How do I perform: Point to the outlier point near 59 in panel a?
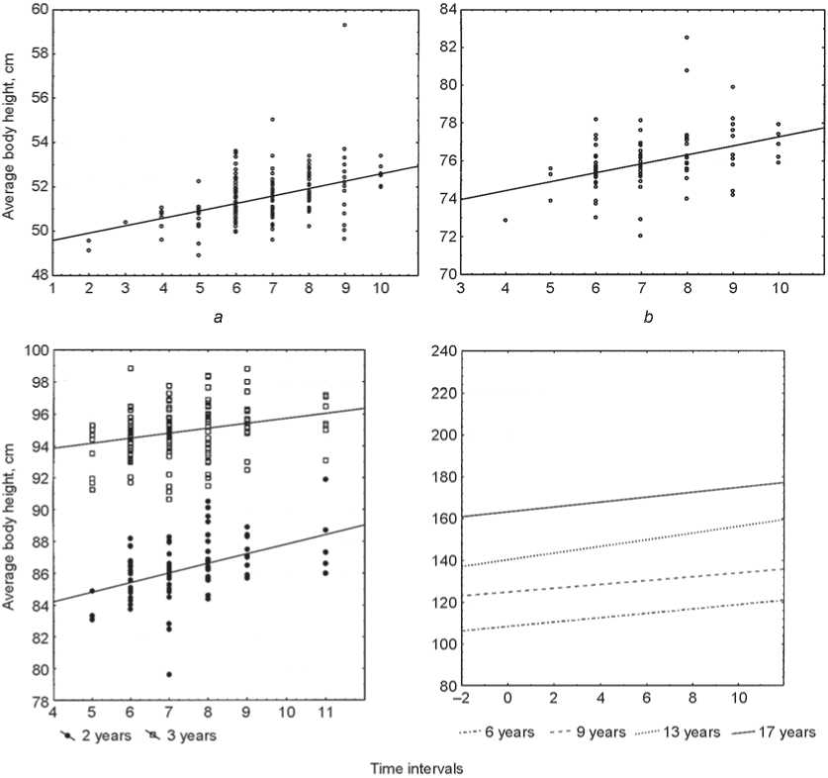(344, 25)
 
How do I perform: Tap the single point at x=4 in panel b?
(506, 220)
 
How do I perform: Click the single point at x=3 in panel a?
(125, 223)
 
